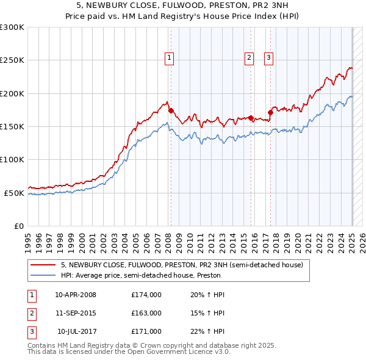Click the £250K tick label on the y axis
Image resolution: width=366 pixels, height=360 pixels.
coord(12,60)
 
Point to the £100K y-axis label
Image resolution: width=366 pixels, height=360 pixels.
coord(12,160)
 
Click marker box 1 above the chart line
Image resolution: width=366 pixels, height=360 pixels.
coord(169,58)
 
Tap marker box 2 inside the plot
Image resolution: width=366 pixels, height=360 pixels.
coord(249,58)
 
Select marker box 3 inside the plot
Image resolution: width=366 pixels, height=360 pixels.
coord(268,58)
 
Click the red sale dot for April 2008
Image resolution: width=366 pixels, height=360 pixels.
coord(171,110)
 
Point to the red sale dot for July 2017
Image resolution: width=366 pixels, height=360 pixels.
coord(270,112)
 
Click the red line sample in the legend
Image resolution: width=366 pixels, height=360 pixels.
coord(44,265)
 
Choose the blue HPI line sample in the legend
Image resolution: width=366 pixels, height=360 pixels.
coord(44,275)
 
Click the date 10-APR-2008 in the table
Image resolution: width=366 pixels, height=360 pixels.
coord(76,295)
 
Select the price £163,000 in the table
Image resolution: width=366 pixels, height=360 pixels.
coord(146,313)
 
